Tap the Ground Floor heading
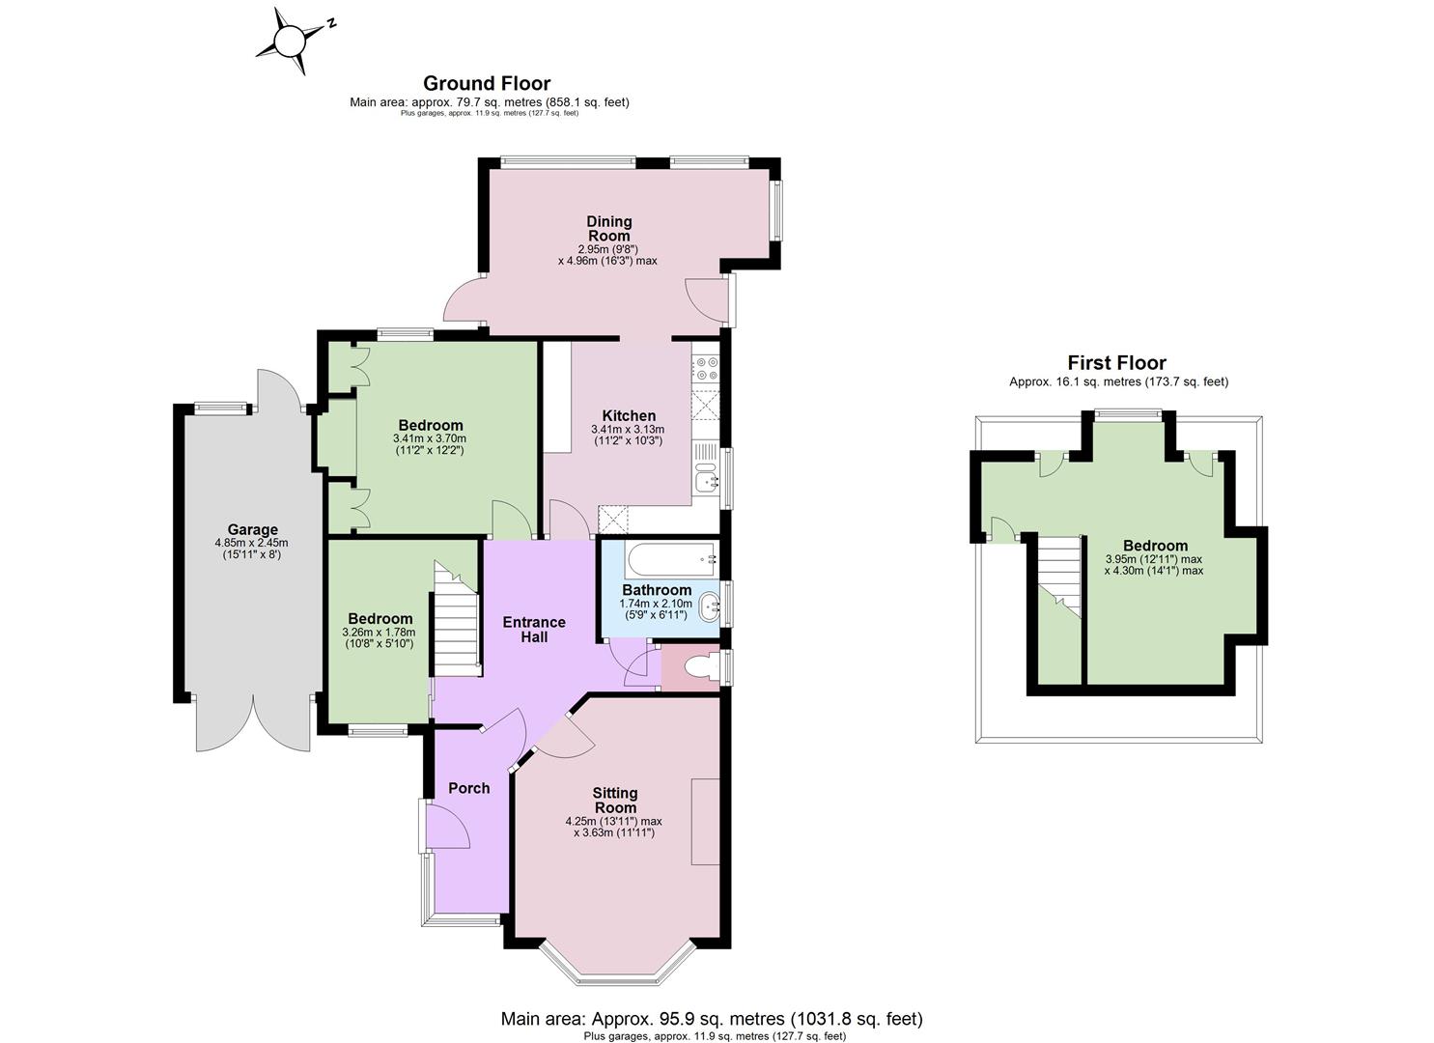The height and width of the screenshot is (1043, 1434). (487, 83)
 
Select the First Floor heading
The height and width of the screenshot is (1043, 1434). (1117, 363)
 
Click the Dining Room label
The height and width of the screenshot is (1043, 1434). (609, 229)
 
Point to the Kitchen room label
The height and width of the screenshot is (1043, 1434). (629, 415)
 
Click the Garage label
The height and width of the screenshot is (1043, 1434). (253, 529)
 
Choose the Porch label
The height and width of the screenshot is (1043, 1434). (469, 788)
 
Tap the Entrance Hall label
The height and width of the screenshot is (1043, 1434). (534, 630)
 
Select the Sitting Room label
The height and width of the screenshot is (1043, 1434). (615, 801)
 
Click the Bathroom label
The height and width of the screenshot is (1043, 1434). (657, 590)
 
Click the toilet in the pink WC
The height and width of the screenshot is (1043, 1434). (701, 668)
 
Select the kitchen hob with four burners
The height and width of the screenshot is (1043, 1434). (706, 369)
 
